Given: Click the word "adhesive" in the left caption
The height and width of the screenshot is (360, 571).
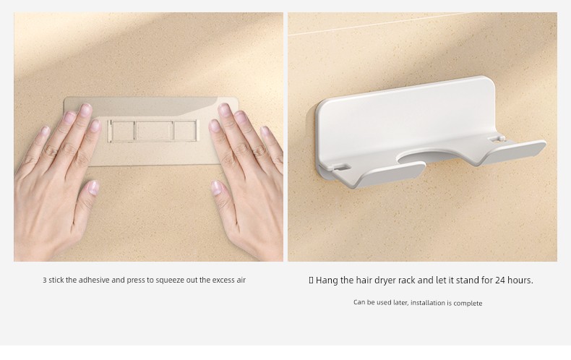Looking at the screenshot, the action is tap(94, 280).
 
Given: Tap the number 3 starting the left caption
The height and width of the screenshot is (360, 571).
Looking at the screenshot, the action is tap(44, 280).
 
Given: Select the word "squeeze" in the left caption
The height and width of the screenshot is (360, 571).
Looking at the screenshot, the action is tap(170, 280).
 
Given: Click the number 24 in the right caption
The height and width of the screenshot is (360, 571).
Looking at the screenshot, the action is tap(500, 280).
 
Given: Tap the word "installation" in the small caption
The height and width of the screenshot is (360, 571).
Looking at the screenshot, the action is tap(428, 303).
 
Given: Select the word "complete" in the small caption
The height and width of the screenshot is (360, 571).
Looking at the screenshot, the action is tap(468, 303).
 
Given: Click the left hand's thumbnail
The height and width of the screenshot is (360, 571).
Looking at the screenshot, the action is tap(93, 187).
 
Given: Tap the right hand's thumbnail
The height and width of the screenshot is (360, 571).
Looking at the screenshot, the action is tap(216, 187).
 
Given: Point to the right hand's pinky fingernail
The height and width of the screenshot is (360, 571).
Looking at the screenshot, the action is tap(265, 131).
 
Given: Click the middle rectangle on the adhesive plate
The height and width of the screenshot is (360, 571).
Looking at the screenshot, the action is tap(154, 131).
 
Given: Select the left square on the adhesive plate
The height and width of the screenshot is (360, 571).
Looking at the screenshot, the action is tap(123, 131).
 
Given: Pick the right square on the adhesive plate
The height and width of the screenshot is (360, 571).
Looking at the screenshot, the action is tap(185, 131).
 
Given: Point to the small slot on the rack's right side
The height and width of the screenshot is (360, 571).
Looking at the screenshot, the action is tap(497, 139).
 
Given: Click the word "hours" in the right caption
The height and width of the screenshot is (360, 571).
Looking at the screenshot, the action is tap(520, 280).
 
